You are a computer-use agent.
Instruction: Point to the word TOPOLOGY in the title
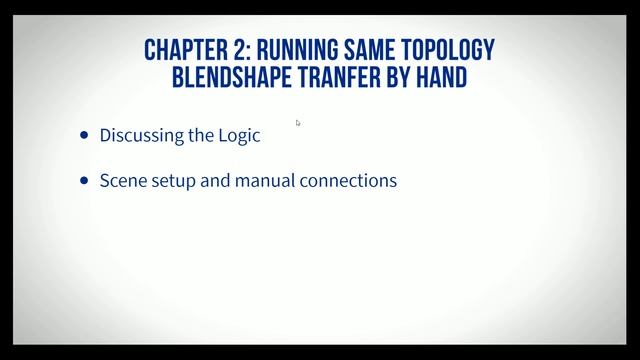coord(448,50)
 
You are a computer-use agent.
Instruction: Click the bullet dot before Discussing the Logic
coord(84,135)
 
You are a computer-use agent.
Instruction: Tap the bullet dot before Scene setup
coord(84,182)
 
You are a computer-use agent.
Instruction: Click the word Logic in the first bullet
coord(239,136)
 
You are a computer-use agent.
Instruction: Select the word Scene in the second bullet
coord(121,182)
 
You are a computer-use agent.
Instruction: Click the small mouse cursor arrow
coord(298,123)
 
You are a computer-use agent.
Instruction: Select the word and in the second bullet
coord(215,182)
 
